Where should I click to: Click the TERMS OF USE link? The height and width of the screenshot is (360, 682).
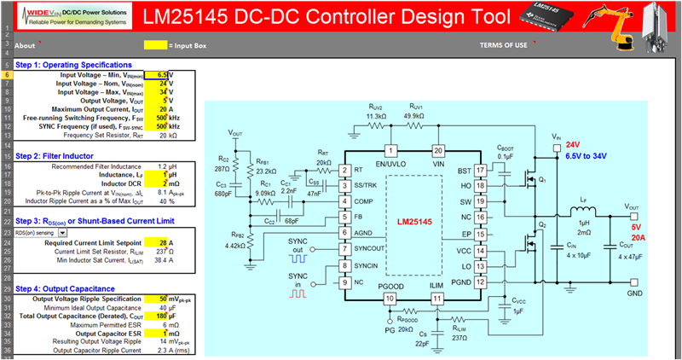tap(503, 45)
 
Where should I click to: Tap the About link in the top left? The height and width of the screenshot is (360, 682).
tap(25, 45)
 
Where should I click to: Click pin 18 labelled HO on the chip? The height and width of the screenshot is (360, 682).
tap(480, 185)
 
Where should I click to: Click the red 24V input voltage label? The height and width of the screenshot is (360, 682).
tap(574, 145)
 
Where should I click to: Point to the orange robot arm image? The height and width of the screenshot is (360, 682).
tap(621, 21)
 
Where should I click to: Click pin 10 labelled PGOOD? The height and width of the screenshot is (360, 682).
tap(389, 299)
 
